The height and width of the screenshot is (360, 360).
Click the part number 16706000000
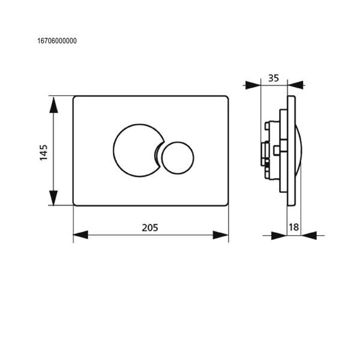click(57, 41)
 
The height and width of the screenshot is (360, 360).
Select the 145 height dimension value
click(44, 152)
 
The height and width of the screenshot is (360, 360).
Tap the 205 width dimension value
click(150, 228)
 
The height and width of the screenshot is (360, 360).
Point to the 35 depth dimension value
click(274, 78)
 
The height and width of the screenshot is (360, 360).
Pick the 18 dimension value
click(293, 227)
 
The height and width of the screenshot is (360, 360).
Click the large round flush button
click(138, 151)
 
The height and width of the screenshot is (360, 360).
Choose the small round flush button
click(178, 158)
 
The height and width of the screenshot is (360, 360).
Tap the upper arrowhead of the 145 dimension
click(53, 105)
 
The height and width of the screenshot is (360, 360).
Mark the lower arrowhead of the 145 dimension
click(53, 198)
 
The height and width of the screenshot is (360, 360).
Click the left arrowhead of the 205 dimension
click(80, 235)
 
